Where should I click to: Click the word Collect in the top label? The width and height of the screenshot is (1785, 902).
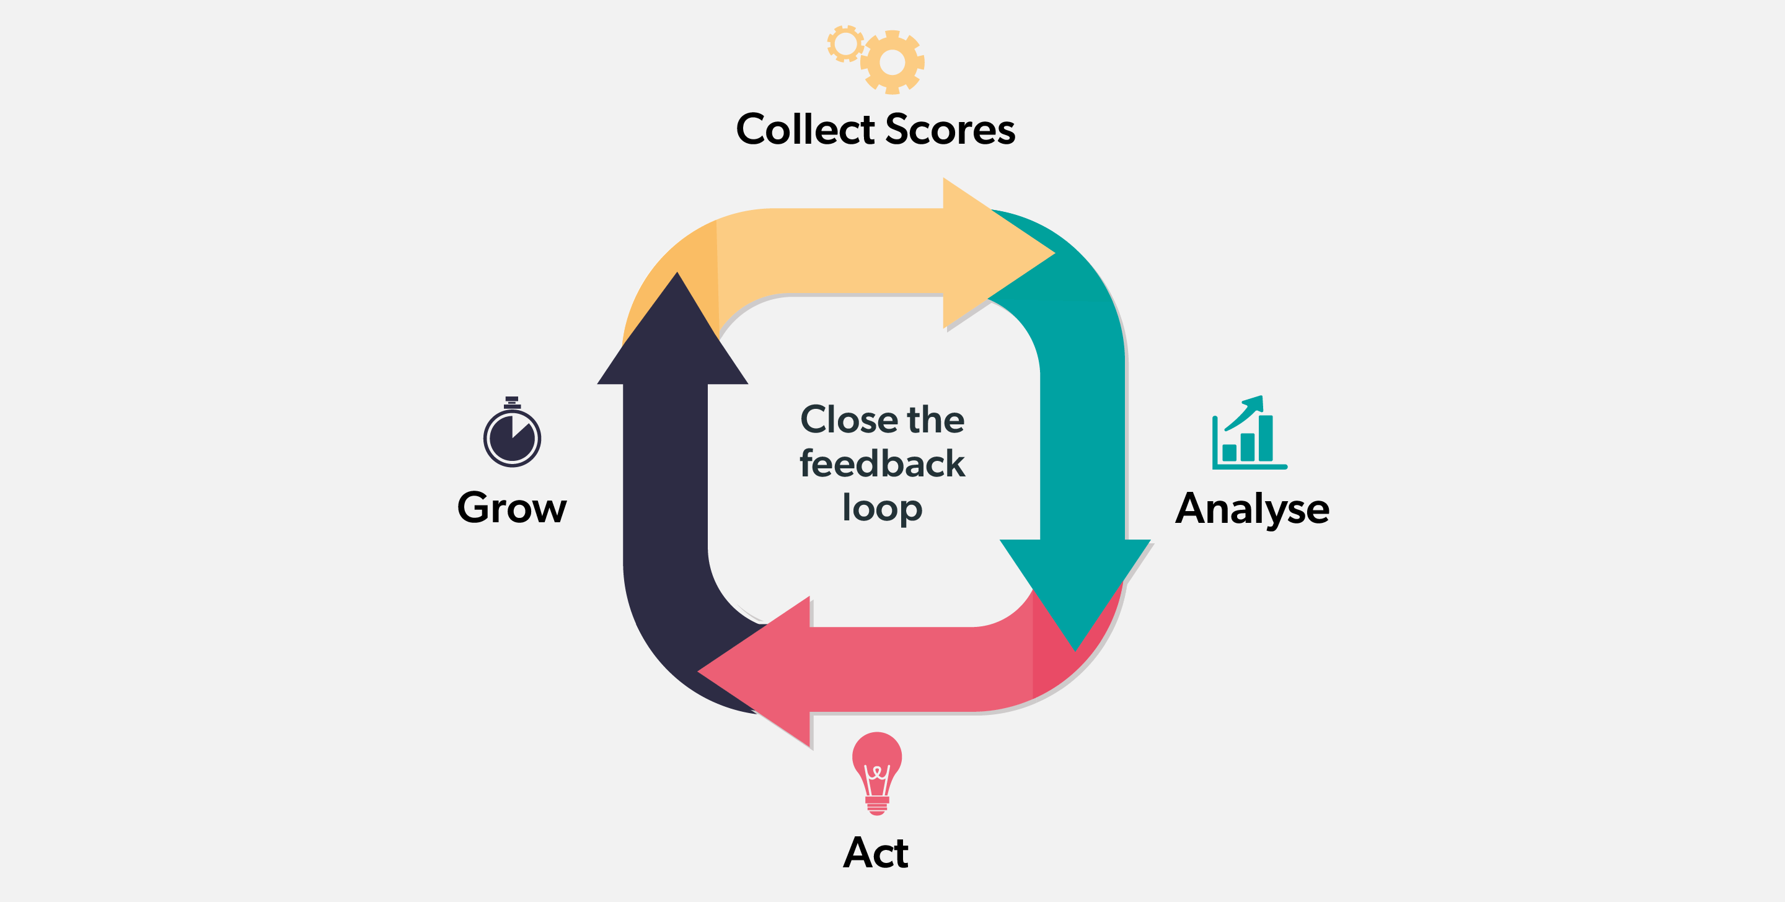tap(805, 129)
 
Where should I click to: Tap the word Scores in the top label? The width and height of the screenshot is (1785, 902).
tap(950, 129)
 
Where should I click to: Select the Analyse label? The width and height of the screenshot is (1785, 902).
tap(1252, 509)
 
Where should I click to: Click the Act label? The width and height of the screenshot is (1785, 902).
tap(876, 853)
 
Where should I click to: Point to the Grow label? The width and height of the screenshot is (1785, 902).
tap(511, 508)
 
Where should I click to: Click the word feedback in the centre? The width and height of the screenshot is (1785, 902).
tap(882, 463)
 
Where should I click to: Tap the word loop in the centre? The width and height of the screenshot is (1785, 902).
tap(882, 509)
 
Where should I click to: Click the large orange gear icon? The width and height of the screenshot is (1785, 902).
tap(892, 63)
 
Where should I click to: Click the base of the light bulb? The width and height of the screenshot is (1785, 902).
tap(876, 806)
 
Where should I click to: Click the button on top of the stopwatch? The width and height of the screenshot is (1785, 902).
tap(512, 400)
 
